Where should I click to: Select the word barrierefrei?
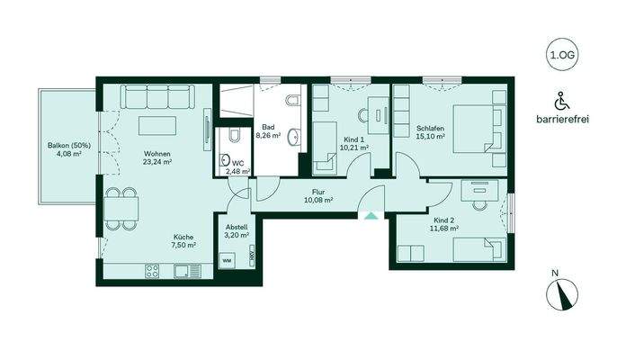coord(561,120)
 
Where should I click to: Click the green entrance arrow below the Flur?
coord(369,214)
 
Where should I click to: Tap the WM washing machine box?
coord(227,260)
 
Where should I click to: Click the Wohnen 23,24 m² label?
coord(156,158)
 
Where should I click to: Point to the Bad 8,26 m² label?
coord(268,131)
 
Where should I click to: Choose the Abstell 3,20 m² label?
coord(237,230)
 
